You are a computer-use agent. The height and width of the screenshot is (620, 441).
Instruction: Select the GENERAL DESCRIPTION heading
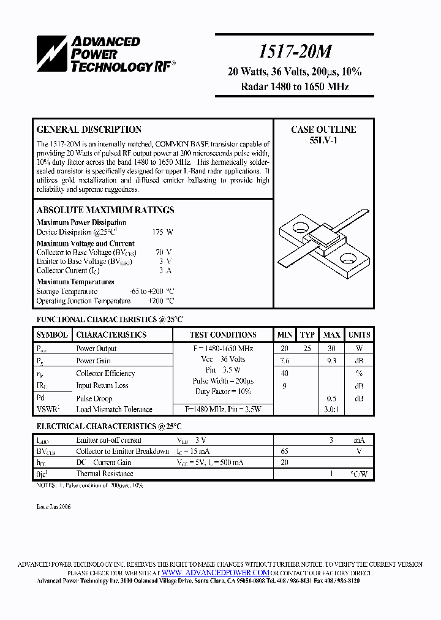coord(89,130)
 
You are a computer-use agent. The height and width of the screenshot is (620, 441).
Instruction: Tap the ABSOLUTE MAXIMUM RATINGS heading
coord(105,210)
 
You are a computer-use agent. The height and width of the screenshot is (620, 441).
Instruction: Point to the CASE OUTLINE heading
coord(323,130)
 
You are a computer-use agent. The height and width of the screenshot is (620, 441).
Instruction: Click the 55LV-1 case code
coord(323,140)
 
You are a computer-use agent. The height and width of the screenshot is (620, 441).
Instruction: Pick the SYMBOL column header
coord(52,335)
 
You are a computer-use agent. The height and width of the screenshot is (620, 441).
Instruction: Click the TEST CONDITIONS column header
coord(223,335)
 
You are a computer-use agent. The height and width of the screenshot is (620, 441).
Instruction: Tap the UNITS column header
coord(359,335)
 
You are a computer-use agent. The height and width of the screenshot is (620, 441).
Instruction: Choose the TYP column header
coord(307,335)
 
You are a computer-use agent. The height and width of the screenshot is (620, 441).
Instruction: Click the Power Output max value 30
coord(331,349)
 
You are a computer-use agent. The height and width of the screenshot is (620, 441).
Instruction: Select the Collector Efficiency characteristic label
coord(105,373)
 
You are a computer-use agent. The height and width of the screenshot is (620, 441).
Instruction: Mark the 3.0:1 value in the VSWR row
coord(331,409)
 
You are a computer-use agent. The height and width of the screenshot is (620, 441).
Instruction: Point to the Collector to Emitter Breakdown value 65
coord(284,452)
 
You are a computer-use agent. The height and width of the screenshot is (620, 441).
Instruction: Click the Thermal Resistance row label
coord(104,474)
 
